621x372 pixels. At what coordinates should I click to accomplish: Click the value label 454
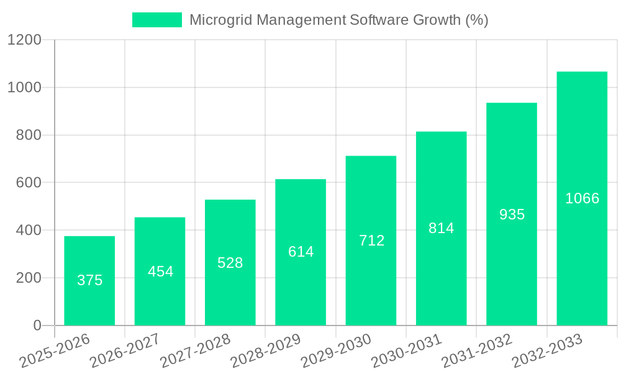tap(160, 272)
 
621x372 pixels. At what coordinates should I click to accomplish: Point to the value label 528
tap(230, 263)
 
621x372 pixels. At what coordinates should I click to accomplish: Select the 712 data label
tap(371, 241)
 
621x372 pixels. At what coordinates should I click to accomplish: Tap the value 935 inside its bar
tap(512, 215)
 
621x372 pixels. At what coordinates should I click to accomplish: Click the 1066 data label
tap(582, 198)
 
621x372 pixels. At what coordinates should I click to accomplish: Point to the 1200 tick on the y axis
tap(24, 40)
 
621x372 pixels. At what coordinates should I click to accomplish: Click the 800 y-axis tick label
tap(29, 135)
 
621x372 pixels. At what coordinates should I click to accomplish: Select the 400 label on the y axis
tap(29, 231)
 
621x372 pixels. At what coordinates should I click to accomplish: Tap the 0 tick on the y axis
tap(37, 325)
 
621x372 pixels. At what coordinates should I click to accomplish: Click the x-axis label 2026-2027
tap(125, 351)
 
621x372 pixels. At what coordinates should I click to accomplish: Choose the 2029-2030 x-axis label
tap(336, 351)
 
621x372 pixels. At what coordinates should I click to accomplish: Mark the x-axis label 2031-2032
tap(477, 351)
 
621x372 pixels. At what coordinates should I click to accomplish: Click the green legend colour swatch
tap(157, 20)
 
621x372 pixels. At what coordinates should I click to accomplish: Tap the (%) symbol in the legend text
tap(476, 20)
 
